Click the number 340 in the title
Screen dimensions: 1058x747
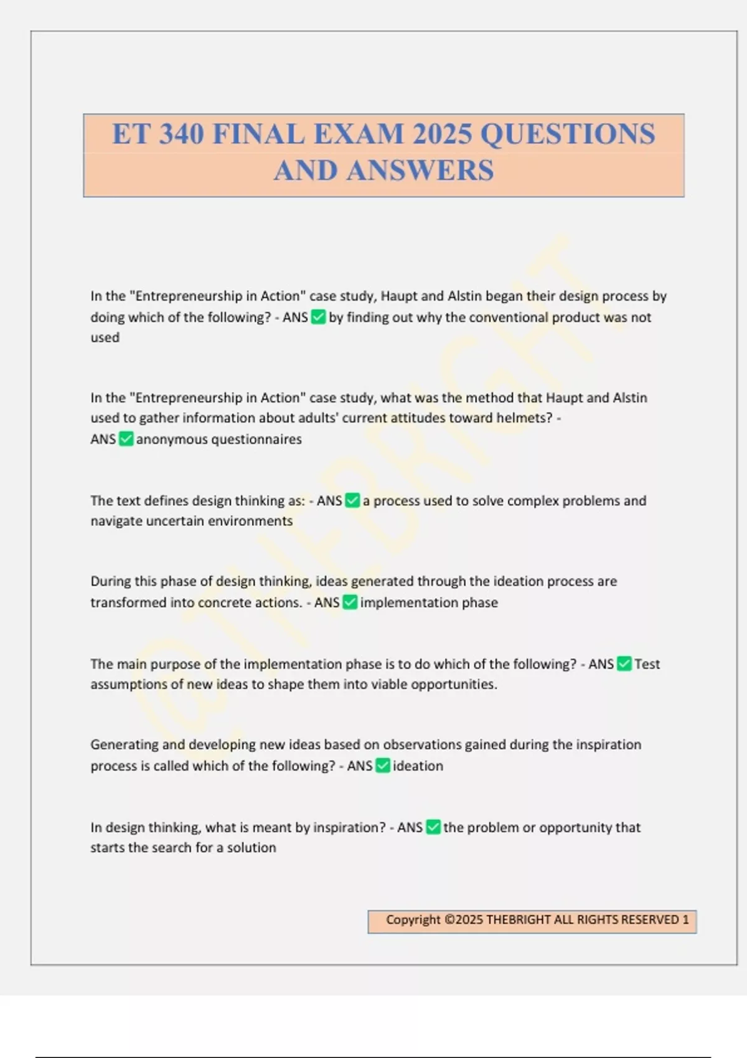tap(182, 134)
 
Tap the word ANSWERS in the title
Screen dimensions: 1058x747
tap(420, 171)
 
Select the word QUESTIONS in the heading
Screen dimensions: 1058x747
tap(568, 134)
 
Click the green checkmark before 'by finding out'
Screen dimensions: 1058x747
tap(318, 317)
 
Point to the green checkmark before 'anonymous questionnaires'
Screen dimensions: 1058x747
tap(126, 439)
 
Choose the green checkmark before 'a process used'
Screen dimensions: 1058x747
tap(352, 501)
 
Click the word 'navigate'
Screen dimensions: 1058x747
tap(116, 522)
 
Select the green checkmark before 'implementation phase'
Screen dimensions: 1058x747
tap(350, 602)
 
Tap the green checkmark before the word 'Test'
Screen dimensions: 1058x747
tap(624, 664)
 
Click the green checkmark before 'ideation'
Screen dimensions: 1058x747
tap(383, 766)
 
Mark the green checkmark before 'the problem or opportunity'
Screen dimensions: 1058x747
tap(433, 828)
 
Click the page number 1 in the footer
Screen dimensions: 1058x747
tap(685, 920)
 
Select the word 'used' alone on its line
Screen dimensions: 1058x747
tap(105, 338)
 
